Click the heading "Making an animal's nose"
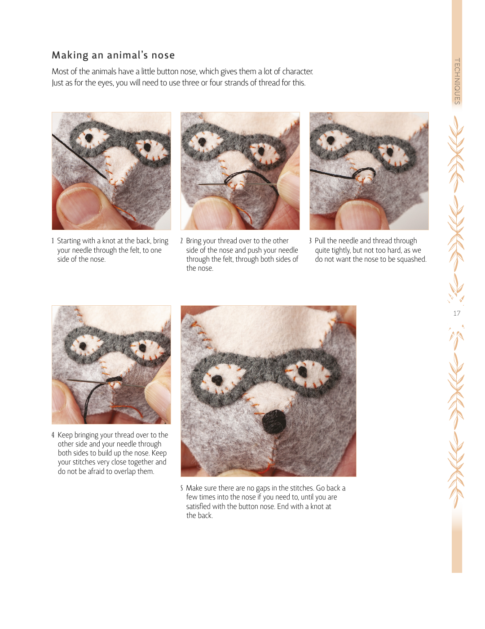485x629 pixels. click(x=113, y=55)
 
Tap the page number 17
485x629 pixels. click(x=457, y=313)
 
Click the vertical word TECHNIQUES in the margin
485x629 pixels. click(x=457, y=81)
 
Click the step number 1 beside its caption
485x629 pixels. click(x=53, y=241)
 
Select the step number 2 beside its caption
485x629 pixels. click(x=181, y=241)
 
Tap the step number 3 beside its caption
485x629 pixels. click(x=310, y=241)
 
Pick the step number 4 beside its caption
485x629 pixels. click(x=53, y=435)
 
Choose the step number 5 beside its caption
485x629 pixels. click(x=181, y=488)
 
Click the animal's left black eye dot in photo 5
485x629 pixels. click(x=217, y=379)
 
